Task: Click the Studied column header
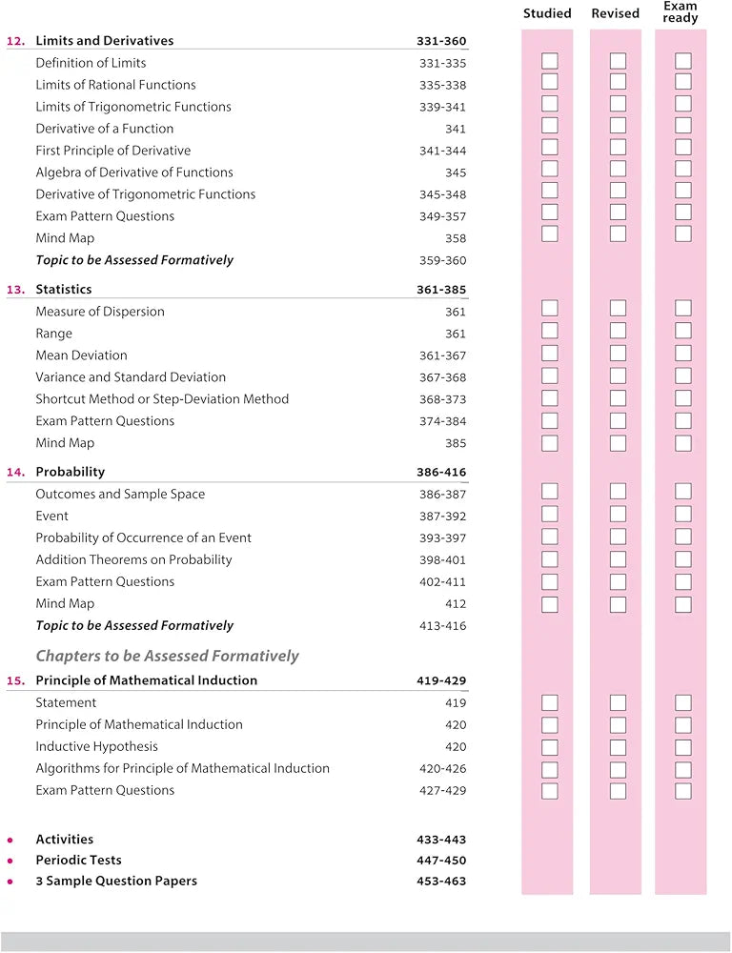coord(547,13)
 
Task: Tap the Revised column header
coord(615,13)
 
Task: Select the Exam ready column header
coord(681,12)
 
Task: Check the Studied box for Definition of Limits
coord(550,62)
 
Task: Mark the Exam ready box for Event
coord(682,516)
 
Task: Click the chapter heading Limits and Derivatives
coord(105,41)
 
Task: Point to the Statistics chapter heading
coord(64,289)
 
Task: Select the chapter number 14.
coord(15,472)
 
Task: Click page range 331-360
coord(441,41)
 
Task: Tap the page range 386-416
coord(441,472)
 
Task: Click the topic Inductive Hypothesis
coord(97,746)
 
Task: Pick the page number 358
coord(455,238)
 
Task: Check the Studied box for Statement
coord(550,702)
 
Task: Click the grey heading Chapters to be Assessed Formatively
coord(168,656)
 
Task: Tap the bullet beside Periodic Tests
coord(10,861)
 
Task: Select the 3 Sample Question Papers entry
coord(116,882)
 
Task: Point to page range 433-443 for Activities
coord(441,840)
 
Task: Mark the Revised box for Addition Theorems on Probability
coord(618,559)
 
